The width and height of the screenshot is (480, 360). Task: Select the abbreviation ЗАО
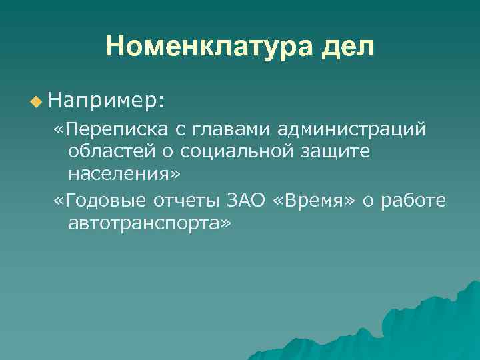[246, 200]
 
